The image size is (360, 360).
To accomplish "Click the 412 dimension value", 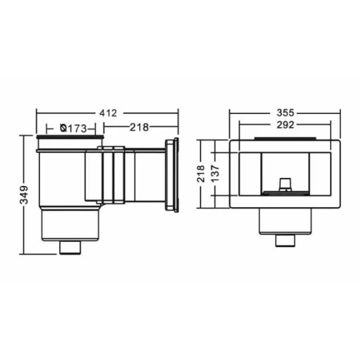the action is (x=108, y=113).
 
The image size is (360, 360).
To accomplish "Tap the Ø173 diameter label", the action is (x=73, y=128).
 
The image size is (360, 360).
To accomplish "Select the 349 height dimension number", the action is (x=24, y=195).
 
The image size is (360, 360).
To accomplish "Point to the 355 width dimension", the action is (x=285, y=113).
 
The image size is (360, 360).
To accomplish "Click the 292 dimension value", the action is (x=285, y=125).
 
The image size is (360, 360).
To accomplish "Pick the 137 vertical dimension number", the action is (x=216, y=174).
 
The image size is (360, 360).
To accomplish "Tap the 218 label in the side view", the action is (x=139, y=127).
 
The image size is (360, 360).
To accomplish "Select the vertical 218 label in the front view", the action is (x=201, y=174).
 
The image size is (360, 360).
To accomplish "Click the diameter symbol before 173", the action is (x=64, y=128).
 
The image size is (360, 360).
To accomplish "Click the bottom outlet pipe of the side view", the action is (x=70, y=248).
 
